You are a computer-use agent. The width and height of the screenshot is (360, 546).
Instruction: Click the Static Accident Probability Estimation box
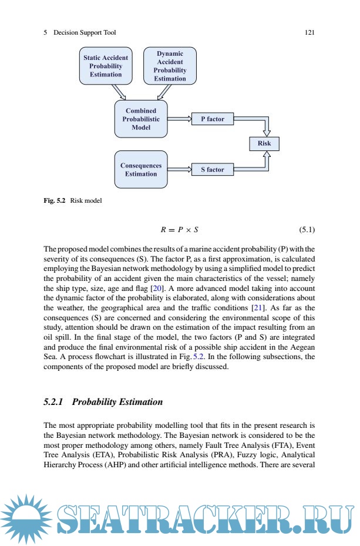(x=106, y=66)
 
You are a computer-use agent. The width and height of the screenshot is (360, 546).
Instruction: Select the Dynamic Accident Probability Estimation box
(x=170, y=66)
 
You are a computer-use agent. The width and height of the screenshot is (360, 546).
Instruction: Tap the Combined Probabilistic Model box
(x=141, y=119)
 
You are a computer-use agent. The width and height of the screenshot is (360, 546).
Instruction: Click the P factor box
(x=213, y=119)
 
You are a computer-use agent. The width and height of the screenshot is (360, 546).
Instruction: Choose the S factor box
(x=213, y=169)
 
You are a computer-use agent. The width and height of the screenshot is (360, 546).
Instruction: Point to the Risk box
(x=264, y=143)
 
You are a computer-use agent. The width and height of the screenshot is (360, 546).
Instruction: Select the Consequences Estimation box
(x=141, y=169)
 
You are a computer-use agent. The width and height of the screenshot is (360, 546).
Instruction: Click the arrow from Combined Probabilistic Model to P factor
(x=180, y=119)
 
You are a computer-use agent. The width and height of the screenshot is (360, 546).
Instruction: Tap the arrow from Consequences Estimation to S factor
(x=180, y=169)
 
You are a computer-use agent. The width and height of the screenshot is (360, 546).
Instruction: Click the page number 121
(x=309, y=33)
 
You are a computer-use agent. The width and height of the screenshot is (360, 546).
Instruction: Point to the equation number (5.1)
(x=305, y=228)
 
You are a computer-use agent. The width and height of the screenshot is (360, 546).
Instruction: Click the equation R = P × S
(x=180, y=228)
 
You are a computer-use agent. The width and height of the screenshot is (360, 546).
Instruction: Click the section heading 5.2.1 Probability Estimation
(x=103, y=402)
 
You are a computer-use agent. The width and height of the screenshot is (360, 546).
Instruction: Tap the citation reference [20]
(x=157, y=289)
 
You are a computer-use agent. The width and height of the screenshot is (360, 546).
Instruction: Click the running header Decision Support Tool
(x=85, y=33)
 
